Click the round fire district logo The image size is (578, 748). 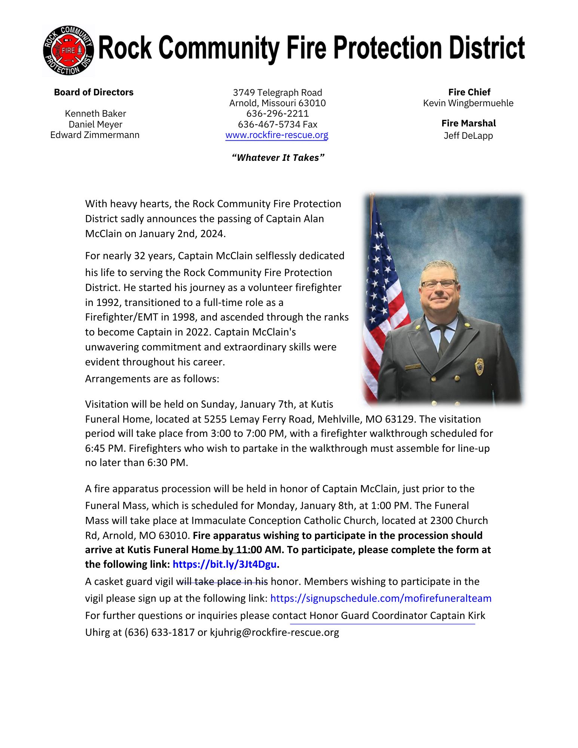68,50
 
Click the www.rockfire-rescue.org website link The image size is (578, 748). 277,135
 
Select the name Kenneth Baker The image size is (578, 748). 95,114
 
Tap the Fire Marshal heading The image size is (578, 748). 468,123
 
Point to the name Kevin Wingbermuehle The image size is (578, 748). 468,103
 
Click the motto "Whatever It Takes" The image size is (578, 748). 278,157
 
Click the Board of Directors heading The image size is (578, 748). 94,92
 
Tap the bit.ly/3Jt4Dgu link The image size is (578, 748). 224,564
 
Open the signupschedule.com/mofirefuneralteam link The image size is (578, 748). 380,598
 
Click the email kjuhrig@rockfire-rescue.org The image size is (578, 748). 274,632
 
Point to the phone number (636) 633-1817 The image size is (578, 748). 159,632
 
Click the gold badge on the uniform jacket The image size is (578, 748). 479,367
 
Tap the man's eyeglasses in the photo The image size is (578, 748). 439,283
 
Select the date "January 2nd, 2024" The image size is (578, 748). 182,234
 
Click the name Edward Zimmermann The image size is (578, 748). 95,135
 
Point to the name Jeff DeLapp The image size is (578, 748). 468,136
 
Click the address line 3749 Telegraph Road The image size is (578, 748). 277,93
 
